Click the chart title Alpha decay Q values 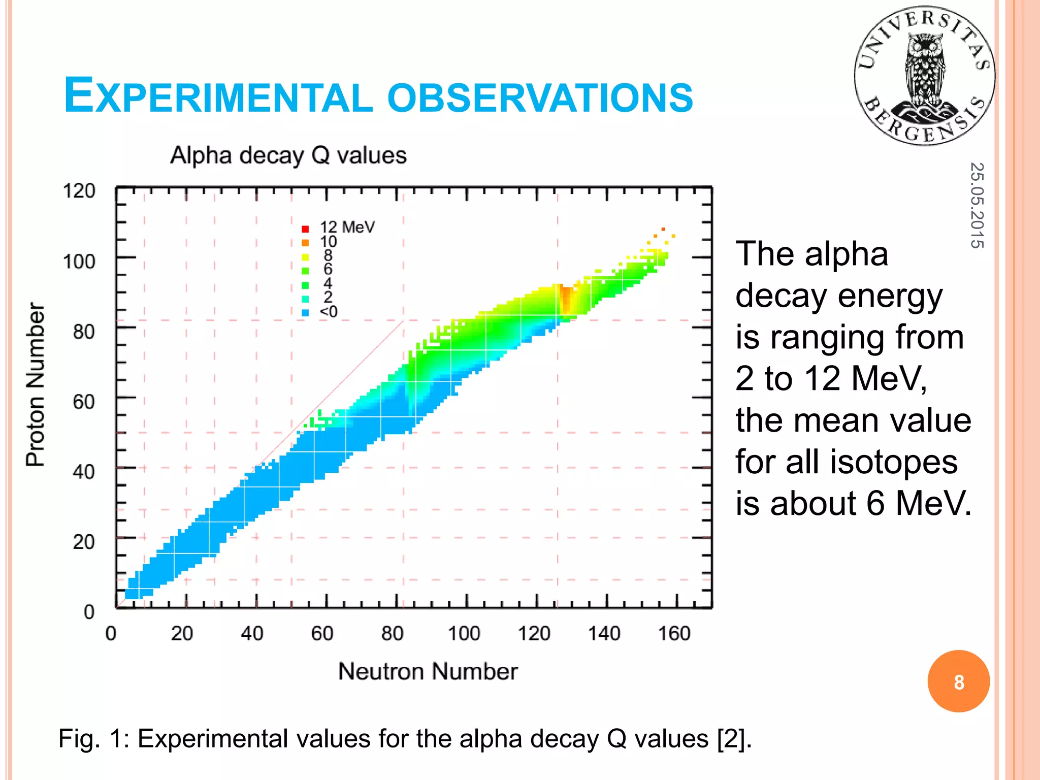[x=288, y=155]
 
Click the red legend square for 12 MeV [x=305, y=229]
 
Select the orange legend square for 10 [x=305, y=243]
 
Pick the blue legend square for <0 [x=305, y=313]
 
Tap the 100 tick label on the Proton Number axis [x=79, y=262]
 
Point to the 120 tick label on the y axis [x=79, y=191]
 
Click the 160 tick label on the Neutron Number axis [x=674, y=634]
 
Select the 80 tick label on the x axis [x=392, y=634]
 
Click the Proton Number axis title [x=36, y=384]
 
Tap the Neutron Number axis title [x=428, y=671]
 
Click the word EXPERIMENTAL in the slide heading [x=218, y=96]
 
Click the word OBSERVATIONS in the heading [x=540, y=97]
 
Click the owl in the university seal [x=925, y=71]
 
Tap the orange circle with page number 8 [x=958, y=681]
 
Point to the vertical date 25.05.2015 [x=977, y=205]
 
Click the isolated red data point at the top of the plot [x=663, y=229]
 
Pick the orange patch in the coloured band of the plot [x=566, y=300]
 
